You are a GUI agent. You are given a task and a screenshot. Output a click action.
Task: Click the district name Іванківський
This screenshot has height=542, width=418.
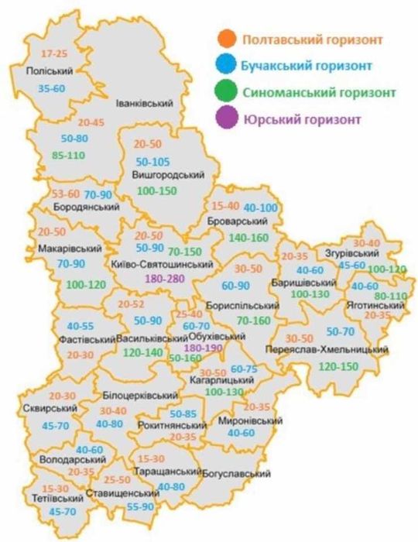tap(142, 102)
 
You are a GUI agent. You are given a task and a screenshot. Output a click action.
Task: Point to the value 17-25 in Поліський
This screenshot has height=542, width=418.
tap(55, 54)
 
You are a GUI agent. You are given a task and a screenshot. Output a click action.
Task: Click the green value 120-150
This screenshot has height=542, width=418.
tap(338, 365)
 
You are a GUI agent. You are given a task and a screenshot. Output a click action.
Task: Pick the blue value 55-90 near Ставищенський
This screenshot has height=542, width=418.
tap(140, 506)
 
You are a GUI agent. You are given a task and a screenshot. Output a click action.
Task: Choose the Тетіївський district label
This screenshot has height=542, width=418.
tap(48, 500)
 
